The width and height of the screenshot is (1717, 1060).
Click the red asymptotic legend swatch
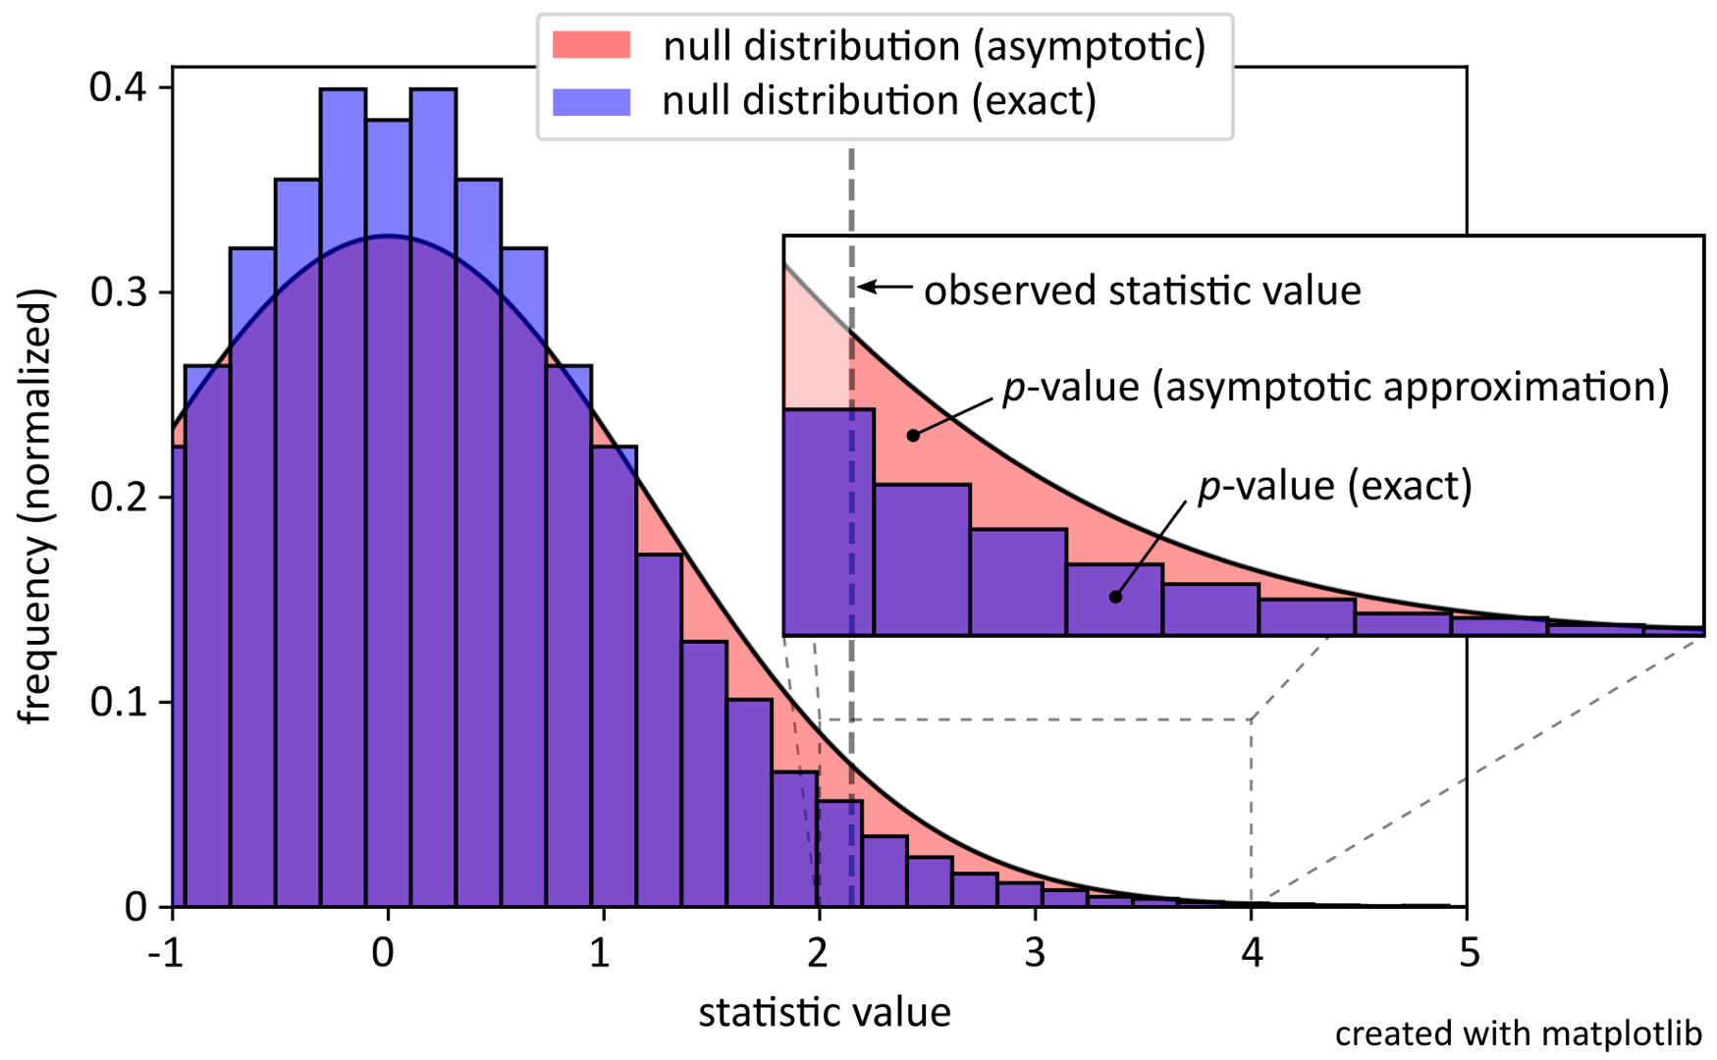click(x=591, y=45)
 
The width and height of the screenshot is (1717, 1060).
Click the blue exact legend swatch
click(x=591, y=101)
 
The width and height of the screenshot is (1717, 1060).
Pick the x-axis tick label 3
click(x=1035, y=953)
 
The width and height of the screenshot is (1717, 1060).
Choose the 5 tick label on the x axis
click(x=1467, y=953)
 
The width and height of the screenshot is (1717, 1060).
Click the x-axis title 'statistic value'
click(x=824, y=1012)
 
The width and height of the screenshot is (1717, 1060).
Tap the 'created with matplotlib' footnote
click(x=1518, y=1033)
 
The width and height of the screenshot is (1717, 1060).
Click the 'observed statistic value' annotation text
click(x=1142, y=291)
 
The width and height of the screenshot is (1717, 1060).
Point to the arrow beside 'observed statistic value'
click(x=885, y=288)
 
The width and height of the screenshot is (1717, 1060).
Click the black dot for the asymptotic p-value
click(x=913, y=435)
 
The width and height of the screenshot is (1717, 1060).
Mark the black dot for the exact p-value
click(x=1115, y=597)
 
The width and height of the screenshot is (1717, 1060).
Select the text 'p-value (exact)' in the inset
click(x=1334, y=486)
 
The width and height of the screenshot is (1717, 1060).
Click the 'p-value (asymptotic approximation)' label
click(x=1335, y=388)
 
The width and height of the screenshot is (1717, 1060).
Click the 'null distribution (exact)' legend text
click(x=879, y=101)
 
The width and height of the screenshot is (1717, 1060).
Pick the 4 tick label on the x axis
click(x=1251, y=953)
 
